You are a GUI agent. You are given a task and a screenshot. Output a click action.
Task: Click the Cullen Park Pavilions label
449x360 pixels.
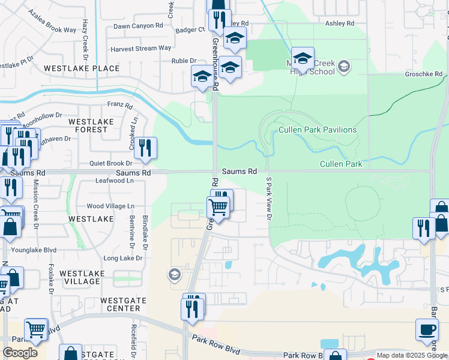click(318, 130)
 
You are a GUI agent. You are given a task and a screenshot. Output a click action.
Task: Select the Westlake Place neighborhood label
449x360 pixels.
click(81, 68)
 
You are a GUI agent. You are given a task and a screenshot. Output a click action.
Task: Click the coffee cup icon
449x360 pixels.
click(427, 329)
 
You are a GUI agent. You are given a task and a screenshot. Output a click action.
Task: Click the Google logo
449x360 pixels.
click(20, 352)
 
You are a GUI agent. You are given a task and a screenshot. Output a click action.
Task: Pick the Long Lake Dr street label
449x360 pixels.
click(122, 259)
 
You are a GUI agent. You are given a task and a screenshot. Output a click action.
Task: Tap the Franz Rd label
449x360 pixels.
click(120, 104)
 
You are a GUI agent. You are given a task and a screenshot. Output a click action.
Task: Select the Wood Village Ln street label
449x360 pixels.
click(111, 206)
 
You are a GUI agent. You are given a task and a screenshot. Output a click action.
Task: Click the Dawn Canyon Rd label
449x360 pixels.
click(138, 26)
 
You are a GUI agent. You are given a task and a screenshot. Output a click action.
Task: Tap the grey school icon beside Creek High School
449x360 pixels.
click(344, 66)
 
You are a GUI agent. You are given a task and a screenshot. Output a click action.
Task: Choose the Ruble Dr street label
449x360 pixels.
click(184, 61)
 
